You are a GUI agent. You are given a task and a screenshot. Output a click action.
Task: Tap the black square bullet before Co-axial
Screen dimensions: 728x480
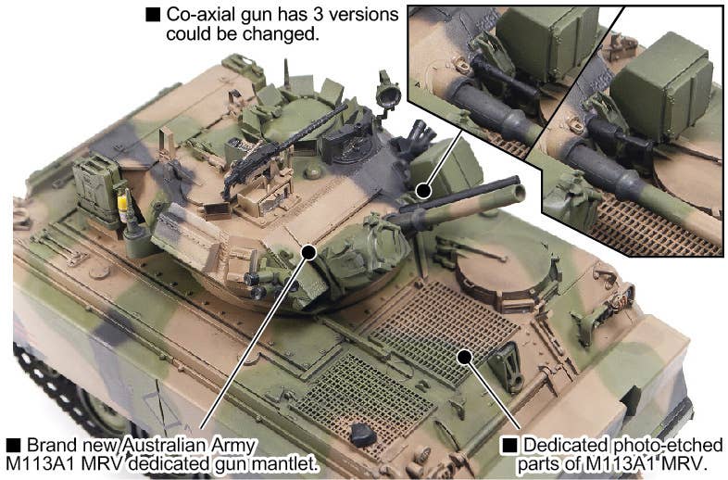[x=153, y=15]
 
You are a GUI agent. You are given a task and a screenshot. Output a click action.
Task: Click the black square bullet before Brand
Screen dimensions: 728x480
[x=14, y=445]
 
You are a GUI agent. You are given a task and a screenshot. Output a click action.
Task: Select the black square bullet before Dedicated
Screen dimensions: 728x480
[x=509, y=445]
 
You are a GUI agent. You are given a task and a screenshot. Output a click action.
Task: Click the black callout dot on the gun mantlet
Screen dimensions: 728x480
[x=308, y=252]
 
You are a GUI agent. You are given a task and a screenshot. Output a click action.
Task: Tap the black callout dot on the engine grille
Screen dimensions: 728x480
[x=464, y=357]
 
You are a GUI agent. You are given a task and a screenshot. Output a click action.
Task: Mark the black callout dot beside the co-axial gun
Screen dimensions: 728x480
[x=423, y=190]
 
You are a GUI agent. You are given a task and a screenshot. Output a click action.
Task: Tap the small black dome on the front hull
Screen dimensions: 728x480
[x=362, y=435]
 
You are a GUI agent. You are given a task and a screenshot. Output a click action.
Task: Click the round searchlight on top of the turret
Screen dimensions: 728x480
[x=388, y=95]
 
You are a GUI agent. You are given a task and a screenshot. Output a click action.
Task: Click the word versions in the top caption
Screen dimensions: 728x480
[x=369, y=15]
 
